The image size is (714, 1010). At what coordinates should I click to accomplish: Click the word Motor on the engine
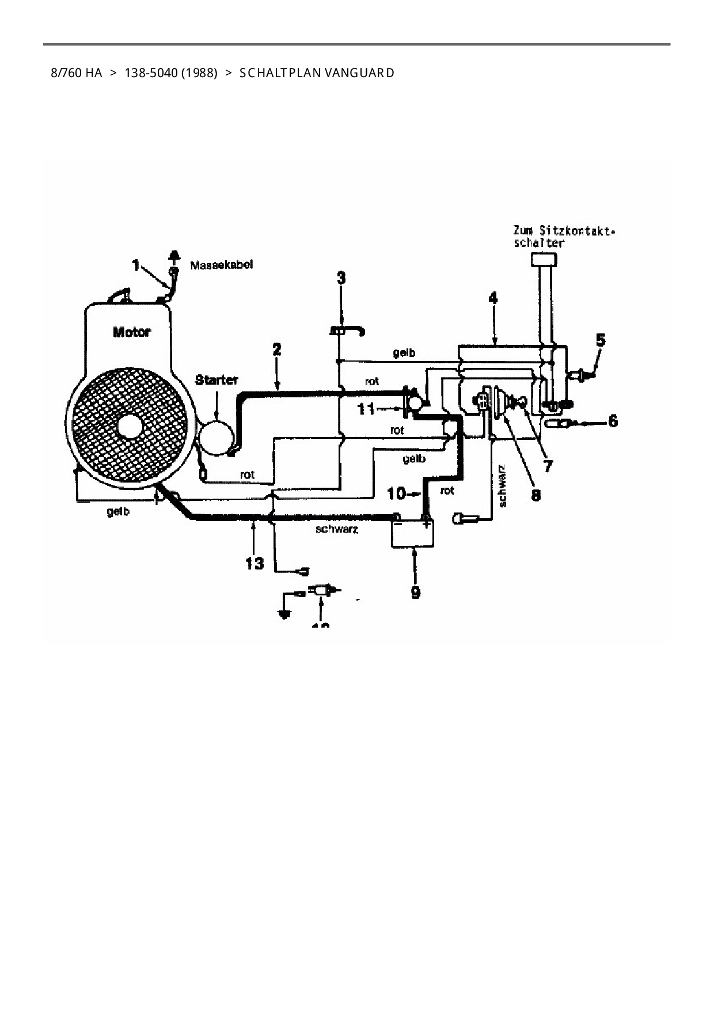click(132, 332)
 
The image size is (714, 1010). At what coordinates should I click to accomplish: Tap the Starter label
click(217, 380)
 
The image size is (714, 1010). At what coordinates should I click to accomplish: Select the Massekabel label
click(222, 265)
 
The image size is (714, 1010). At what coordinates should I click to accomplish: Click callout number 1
click(136, 265)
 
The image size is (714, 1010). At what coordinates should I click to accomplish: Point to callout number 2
click(277, 350)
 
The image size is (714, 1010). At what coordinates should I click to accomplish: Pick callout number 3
click(341, 278)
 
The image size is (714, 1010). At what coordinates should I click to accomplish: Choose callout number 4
click(493, 298)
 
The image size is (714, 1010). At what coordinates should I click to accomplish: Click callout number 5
click(601, 340)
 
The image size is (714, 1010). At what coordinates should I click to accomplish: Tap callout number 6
click(613, 422)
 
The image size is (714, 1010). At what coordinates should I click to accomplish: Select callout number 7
click(548, 465)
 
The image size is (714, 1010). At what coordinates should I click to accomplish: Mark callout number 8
click(536, 494)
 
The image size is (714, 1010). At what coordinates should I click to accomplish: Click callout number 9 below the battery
click(416, 591)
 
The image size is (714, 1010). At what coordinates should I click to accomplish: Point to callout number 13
click(254, 563)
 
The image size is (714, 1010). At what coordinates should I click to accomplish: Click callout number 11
click(366, 409)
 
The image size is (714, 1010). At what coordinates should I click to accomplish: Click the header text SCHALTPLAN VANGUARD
click(317, 73)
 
